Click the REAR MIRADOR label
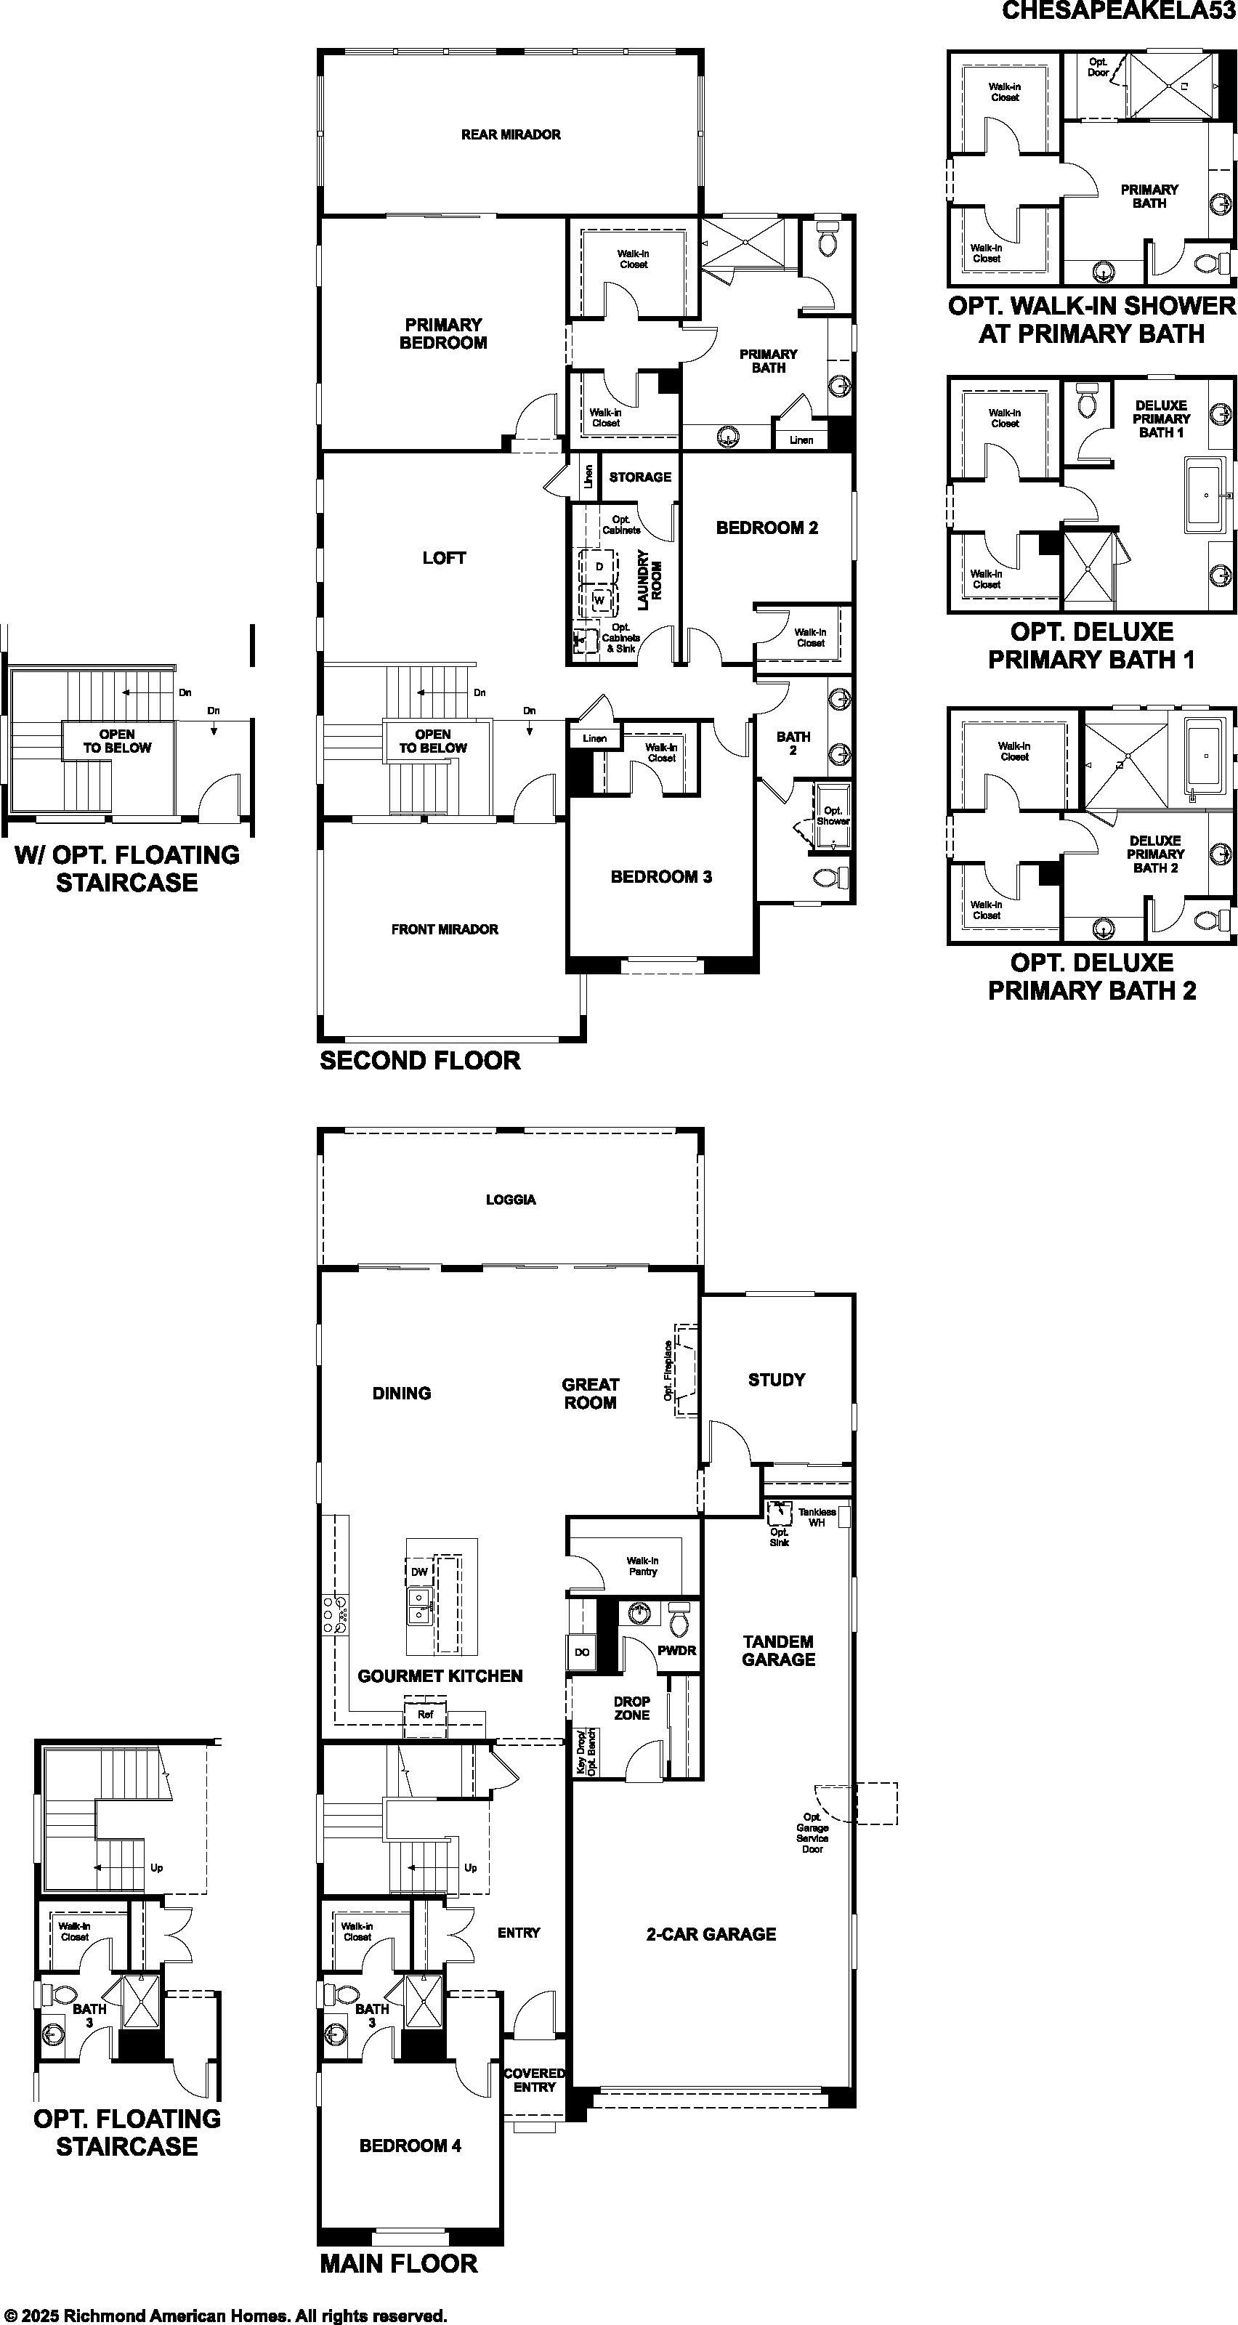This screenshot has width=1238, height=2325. pos(511,134)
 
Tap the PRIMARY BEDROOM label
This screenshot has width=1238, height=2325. pos(443,333)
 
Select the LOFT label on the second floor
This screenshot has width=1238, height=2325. pos(444,558)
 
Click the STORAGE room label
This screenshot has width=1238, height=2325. pos(640,477)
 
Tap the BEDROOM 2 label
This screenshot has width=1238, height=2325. pos(767,528)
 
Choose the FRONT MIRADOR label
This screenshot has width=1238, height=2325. pos(445,929)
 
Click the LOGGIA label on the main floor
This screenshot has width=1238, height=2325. pos(511,1200)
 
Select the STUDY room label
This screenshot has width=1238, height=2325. pos(777,1379)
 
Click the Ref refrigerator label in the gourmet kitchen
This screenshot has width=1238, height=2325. pos(425,1714)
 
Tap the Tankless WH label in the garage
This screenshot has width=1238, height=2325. pos(817,1517)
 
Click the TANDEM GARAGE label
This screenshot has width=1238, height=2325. pos(779,1650)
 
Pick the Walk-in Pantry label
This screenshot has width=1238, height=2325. pos(642,1566)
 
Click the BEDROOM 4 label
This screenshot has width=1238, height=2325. pos(410,2146)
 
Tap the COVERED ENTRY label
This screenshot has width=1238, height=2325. pos(534,2079)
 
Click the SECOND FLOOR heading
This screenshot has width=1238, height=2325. pos(421,1061)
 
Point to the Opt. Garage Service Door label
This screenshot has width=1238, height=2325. pos(812,1832)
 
